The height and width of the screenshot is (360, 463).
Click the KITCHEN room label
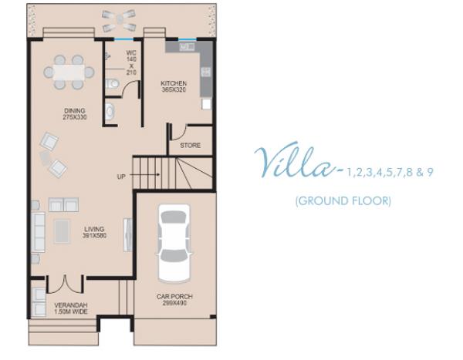tap(174, 83)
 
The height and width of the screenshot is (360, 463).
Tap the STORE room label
tap(190, 145)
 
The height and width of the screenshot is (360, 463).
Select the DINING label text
tap(75, 111)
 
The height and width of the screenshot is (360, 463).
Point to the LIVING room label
tap(94, 229)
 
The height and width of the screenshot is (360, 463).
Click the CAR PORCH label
tap(174, 297)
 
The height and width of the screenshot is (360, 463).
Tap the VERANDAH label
tap(71, 305)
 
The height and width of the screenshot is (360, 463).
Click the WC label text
tap(131, 53)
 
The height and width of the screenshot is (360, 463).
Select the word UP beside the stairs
tap(121, 177)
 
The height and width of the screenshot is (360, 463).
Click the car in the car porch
tap(174, 244)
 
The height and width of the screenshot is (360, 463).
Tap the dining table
tap(69, 72)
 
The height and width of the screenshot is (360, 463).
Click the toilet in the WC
tap(112, 84)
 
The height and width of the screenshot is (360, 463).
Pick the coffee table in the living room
tap(62, 231)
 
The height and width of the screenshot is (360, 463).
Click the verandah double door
tap(65, 286)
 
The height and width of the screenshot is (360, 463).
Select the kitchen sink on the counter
tap(188, 47)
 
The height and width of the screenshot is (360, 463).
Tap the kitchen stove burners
tap(206, 72)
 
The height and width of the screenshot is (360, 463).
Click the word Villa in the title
tap(296, 161)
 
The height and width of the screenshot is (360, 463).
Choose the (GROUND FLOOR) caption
tap(343, 201)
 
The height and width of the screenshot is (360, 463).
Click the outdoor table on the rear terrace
tap(120, 20)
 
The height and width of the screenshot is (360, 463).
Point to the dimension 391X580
tap(95, 236)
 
